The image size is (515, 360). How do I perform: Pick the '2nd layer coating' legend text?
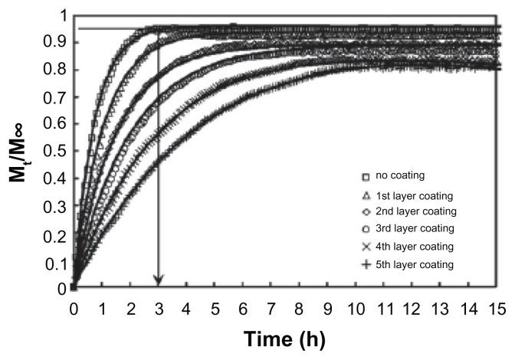click(x=415, y=211)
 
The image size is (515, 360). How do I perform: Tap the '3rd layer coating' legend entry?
click(x=414, y=229)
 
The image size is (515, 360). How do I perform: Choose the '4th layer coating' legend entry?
click(x=414, y=247)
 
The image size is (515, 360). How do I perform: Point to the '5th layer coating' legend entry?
click(x=414, y=265)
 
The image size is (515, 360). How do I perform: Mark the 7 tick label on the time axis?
click(x=270, y=308)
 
